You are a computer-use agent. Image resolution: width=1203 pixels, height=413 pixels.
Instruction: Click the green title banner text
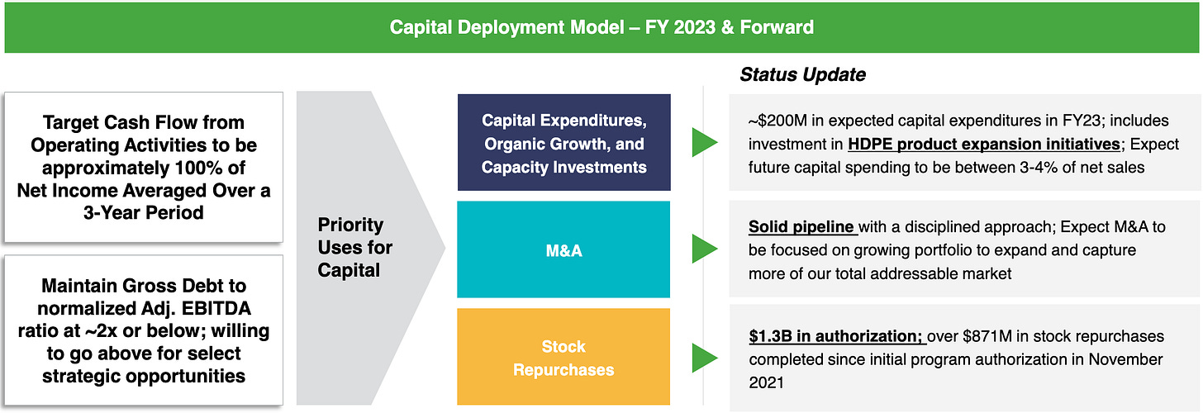601,27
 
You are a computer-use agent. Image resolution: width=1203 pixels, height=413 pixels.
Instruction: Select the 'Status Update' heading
802,74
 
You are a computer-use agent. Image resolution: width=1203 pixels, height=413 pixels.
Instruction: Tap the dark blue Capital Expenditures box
563,142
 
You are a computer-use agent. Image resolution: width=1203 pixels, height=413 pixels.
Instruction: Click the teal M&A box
563,249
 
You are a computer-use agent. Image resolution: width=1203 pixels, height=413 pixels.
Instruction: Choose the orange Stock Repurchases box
563,357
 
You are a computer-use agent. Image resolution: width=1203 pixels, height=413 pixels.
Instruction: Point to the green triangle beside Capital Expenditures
704,142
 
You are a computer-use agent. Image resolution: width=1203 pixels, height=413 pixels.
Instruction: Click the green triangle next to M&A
704,249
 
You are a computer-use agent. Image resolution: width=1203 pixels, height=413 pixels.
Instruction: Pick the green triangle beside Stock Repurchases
704,358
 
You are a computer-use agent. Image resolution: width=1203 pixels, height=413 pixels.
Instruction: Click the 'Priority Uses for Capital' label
354,247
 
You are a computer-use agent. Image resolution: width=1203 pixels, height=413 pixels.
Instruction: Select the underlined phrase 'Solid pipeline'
801,227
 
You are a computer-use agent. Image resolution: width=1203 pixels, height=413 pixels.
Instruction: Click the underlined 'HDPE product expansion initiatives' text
984,145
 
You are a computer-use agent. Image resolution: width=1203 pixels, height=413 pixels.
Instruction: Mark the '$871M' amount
987,336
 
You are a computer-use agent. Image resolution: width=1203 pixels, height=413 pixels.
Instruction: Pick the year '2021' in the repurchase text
767,383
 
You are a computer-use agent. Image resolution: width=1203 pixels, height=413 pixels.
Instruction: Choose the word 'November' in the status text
1125,359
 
